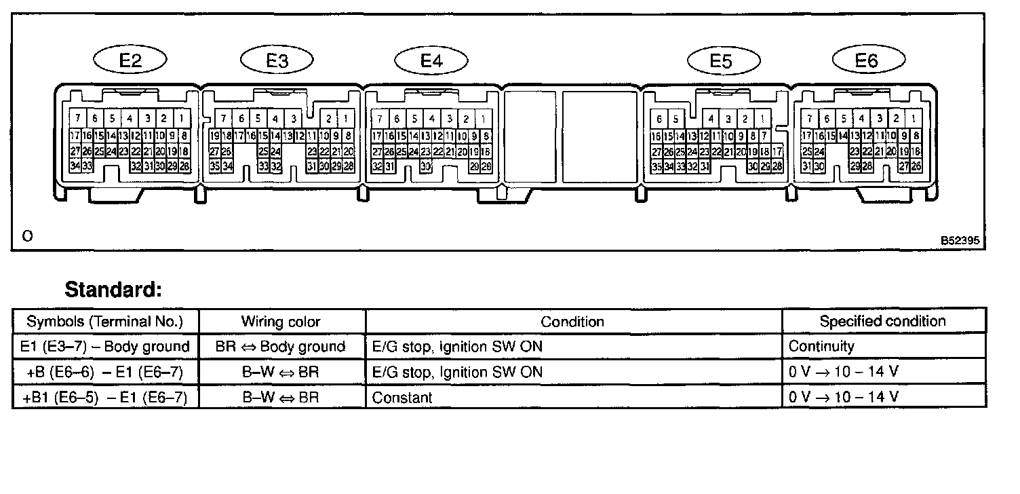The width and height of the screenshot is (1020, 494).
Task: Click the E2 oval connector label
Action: pos(130,60)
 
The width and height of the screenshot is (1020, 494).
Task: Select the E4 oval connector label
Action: pos(431,60)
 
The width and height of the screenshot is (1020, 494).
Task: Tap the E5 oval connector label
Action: pos(721,61)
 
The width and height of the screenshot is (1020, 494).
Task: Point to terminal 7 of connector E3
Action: pos(223,119)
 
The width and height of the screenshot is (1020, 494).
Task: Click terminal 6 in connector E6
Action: pos(826,119)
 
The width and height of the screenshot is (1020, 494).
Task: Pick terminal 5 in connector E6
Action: pos(844,119)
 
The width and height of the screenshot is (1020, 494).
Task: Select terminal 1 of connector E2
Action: pos(181,119)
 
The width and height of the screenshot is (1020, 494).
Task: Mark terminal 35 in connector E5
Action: pos(656,166)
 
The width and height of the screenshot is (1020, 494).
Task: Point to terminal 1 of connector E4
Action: pos(483,119)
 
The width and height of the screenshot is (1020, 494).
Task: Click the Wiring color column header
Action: pos(281,322)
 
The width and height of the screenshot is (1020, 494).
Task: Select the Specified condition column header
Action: pos(882,321)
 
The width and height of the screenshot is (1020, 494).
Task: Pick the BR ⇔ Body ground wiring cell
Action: pos(281,347)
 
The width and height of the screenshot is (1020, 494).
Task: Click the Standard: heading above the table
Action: pos(113,290)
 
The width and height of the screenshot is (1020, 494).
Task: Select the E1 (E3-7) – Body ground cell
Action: pos(105,347)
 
